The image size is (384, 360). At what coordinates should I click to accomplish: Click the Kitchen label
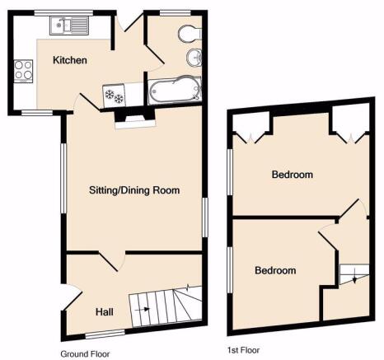(x=70, y=60)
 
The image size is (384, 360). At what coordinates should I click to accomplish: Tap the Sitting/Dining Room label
(x=134, y=190)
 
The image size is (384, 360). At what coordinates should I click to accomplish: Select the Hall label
(x=105, y=311)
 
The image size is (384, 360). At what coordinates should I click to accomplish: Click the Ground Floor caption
(x=85, y=354)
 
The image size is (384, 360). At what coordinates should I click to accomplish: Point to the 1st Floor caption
(x=243, y=350)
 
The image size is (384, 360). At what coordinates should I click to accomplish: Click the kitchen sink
(x=69, y=26)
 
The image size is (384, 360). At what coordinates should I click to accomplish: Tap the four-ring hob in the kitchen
(x=24, y=71)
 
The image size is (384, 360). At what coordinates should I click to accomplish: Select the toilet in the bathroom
(x=190, y=34)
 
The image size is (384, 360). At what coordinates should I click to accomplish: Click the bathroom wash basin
(x=194, y=58)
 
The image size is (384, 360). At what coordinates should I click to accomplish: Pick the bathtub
(x=175, y=90)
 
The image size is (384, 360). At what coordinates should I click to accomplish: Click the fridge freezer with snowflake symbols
(x=114, y=96)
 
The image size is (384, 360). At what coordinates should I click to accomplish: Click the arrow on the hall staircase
(x=143, y=309)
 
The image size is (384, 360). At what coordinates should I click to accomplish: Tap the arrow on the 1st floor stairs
(x=354, y=276)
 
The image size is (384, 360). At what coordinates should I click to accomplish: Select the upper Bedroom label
(x=293, y=175)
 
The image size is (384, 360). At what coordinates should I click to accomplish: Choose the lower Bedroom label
(x=275, y=270)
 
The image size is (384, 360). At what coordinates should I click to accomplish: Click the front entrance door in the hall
(x=72, y=298)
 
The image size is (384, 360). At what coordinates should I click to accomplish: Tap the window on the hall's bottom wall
(x=105, y=334)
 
